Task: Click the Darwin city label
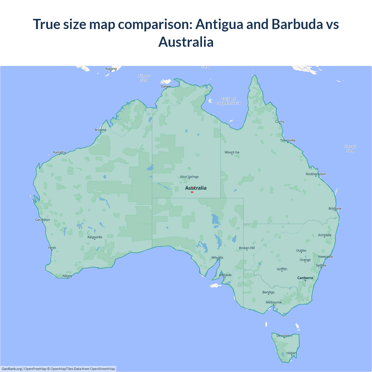click(166, 86)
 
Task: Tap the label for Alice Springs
click(189, 177)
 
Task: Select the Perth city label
click(52, 248)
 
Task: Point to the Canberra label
click(305, 278)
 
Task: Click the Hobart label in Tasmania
click(291, 353)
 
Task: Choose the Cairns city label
click(280, 121)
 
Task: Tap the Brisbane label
click(335, 208)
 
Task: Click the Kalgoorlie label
click(95, 237)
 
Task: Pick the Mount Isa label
click(232, 152)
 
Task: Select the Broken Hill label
click(247, 248)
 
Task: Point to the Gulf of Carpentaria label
click(228, 101)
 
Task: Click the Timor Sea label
click(144, 78)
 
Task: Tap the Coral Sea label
click(350, 149)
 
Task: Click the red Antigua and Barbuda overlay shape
click(192, 192)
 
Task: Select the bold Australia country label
click(196, 188)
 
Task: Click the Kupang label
click(111, 69)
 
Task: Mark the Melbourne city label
click(273, 302)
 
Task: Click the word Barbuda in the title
click(297, 24)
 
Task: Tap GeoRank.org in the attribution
click(12, 369)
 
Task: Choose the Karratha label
click(60, 152)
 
